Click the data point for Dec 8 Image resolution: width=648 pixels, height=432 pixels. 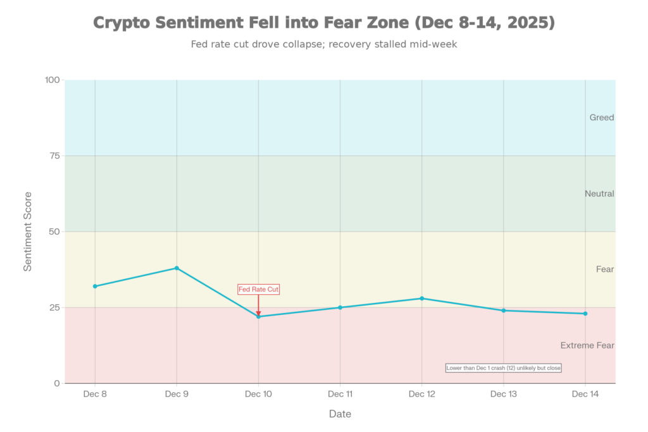tap(95, 286)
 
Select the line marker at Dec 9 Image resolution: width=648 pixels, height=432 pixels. tap(177, 268)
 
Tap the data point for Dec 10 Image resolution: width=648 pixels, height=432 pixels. tap(258, 316)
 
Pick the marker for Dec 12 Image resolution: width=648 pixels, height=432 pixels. tap(421, 299)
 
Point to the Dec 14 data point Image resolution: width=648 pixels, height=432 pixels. tap(585, 314)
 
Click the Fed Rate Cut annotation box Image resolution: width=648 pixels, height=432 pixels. tap(258, 289)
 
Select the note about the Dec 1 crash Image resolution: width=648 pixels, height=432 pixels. tap(503, 367)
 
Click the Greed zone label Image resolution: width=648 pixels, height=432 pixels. tap(601, 118)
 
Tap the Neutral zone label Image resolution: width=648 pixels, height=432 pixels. tap(599, 194)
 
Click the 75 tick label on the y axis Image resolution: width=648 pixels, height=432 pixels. tap(53, 156)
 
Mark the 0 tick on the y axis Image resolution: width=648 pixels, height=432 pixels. tap(57, 383)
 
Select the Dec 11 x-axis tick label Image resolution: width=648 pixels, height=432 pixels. tap(340, 394)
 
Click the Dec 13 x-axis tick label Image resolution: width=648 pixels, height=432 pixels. tap(503, 394)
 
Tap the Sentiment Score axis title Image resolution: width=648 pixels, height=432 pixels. tap(28, 231)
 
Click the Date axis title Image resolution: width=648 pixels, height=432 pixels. tap(340, 414)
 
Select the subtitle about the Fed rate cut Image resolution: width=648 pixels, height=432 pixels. tap(323, 45)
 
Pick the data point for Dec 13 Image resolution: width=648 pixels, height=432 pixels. tap(503, 311)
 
